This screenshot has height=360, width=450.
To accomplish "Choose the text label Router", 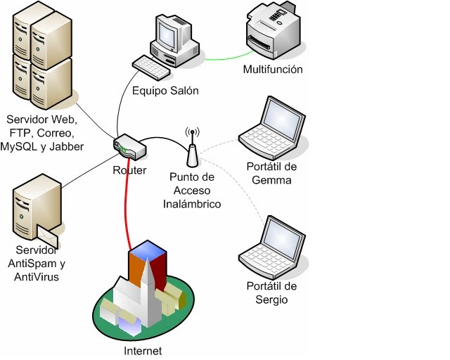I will click(129, 171).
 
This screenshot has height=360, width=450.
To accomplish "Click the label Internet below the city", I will click(142, 350).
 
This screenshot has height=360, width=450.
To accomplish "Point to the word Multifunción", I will click(273, 70).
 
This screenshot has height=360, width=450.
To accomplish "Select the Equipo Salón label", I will click(166, 91).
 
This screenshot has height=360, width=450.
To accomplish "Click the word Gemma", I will click(274, 180).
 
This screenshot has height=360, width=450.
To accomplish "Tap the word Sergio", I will click(273, 300).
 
